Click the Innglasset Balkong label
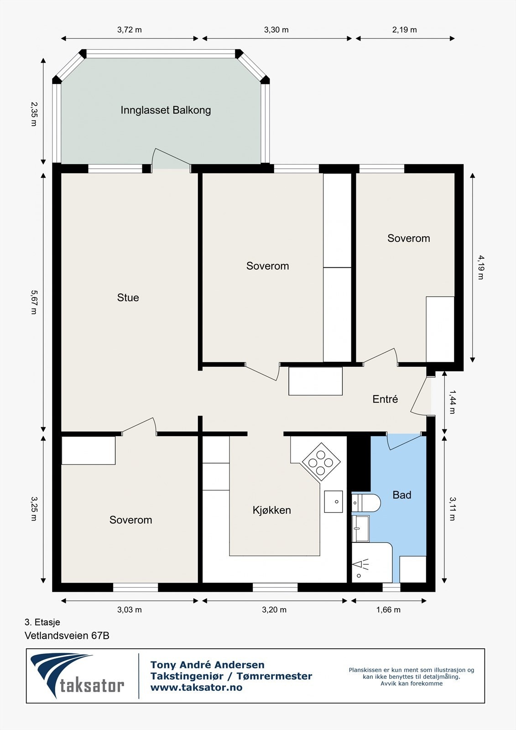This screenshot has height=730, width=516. point(166,110)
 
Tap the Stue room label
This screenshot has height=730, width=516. point(128,297)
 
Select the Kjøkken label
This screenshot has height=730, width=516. point(271,510)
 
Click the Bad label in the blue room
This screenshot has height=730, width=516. point(401,495)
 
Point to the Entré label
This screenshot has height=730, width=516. point(385,399)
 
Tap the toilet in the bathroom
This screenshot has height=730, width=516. point(367,503)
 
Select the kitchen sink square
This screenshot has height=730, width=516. point(334,502)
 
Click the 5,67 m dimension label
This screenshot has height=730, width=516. point(33,302)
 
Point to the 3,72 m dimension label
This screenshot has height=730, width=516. point(130,30)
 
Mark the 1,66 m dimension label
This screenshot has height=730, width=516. point(388,610)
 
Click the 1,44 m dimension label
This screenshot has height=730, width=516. point(452,401)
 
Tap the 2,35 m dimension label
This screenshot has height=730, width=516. point(33,114)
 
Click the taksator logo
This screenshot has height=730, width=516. point(78,677)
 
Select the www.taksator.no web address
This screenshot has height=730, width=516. point(196,688)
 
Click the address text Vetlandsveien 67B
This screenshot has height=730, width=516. point(67,636)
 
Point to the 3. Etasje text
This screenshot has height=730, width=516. point(42,622)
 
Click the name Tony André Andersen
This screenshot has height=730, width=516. point(208,665)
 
